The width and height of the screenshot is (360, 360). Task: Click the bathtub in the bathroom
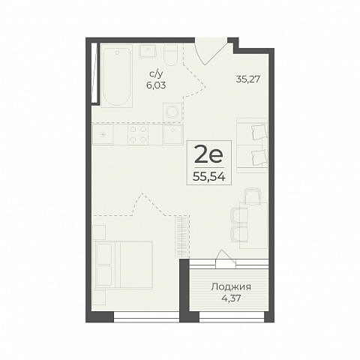[x=117, y=76]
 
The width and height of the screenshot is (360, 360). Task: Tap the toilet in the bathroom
[x=171, y=55]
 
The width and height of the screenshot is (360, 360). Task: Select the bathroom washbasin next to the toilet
[x=148, y=51]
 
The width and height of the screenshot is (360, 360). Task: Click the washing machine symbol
[x=172, y=112]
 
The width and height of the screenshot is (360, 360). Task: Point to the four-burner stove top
[x=138, y=135]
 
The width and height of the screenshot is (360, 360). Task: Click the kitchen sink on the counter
[x=173, y=135]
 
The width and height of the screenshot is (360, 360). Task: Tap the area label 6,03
[x=156, y=85]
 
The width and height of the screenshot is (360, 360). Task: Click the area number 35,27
[x=248, y=79]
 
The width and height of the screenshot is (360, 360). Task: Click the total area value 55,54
[x=209, y=177]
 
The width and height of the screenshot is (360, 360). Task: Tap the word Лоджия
[x=231, y=287]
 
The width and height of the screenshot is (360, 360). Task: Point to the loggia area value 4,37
[x=231, y=298]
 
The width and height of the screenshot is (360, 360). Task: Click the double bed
[x=122, y=265]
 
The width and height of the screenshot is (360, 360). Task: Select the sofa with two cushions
[x=252, y=145]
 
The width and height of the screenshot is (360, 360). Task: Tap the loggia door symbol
[x=226, y=259]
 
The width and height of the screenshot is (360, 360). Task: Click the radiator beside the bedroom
[x=182, y=236]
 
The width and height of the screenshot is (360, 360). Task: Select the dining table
[x=253, y=226]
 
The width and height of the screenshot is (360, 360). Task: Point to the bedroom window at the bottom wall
[x=147, y=316]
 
